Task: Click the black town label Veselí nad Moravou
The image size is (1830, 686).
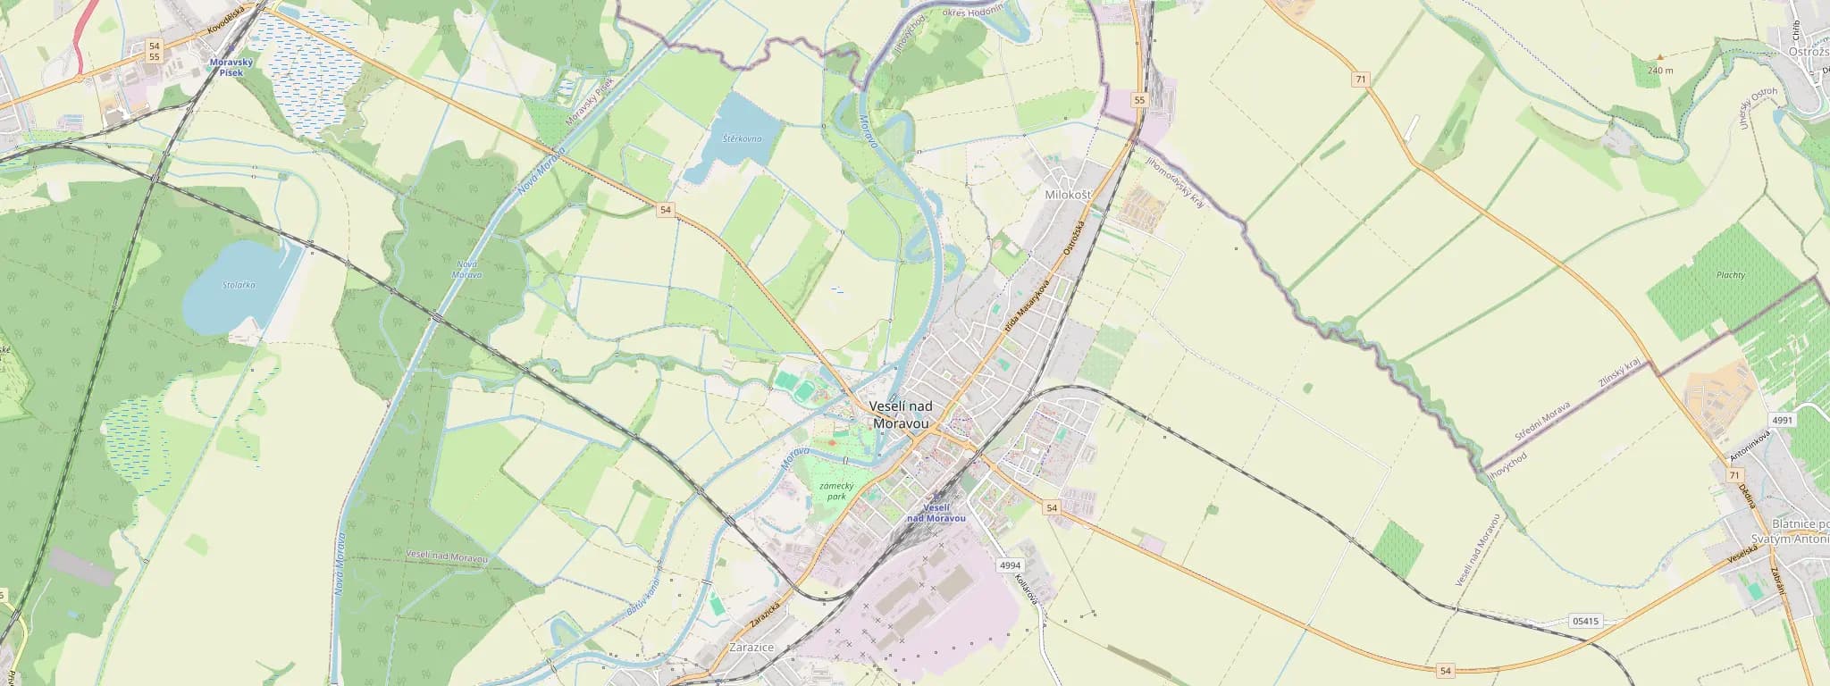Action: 900,414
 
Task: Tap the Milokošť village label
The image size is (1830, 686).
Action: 1067,194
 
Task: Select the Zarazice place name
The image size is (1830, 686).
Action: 751,647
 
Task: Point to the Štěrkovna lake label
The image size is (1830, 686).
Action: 742,138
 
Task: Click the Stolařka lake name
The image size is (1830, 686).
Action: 239,285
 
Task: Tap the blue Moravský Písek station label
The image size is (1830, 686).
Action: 231,67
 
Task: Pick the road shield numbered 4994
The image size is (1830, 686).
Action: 1010,565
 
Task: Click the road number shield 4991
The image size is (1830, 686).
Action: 1782,420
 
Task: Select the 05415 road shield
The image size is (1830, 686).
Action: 1585,621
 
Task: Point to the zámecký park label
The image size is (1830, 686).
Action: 836,490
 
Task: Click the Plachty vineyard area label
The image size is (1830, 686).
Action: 1731,275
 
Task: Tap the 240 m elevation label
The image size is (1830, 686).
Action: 1659,70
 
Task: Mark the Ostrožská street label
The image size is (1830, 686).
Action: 1073,238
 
